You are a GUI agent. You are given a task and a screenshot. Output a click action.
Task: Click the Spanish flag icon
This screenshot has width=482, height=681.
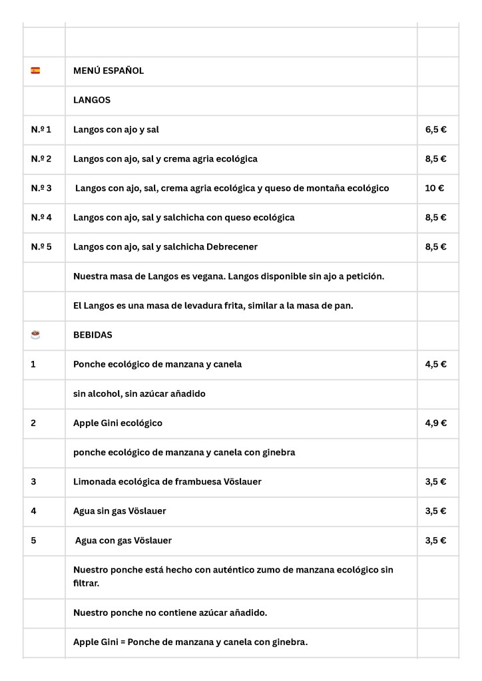[x=35, y=71]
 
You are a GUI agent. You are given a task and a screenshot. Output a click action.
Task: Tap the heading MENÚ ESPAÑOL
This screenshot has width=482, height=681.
[x=109, y=71]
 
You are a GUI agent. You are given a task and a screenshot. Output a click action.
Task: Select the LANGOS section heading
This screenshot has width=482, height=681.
[x=92, y=100]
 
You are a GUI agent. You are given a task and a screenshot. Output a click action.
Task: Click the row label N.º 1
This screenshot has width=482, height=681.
[x=41, y=129]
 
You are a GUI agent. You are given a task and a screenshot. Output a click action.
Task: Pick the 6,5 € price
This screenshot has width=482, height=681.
[x=435, y=129]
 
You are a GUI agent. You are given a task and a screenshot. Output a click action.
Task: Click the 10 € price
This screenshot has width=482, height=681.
[x=434, y=188]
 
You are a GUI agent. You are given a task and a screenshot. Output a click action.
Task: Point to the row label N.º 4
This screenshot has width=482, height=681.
[x=41, y=217]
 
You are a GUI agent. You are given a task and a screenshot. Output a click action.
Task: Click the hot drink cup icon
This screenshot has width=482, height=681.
[x=35, y=335]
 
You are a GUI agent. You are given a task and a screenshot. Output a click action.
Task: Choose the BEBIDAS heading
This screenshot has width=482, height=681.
[x=93, y=335]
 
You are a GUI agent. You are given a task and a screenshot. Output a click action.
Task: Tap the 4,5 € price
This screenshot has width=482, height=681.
[x=435, y=364]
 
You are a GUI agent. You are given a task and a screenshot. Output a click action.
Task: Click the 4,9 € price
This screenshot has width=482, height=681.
[x=435, y=423]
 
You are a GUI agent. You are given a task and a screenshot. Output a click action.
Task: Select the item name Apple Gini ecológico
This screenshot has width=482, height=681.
[x=118, y=423]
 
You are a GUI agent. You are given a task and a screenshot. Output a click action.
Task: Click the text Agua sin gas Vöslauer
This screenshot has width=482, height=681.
[x=120, y=511]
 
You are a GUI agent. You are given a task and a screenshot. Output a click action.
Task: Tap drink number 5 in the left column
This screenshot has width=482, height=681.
[x=34, y=540]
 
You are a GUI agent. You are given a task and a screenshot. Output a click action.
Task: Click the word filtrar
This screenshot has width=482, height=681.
[x=87, y=582]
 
